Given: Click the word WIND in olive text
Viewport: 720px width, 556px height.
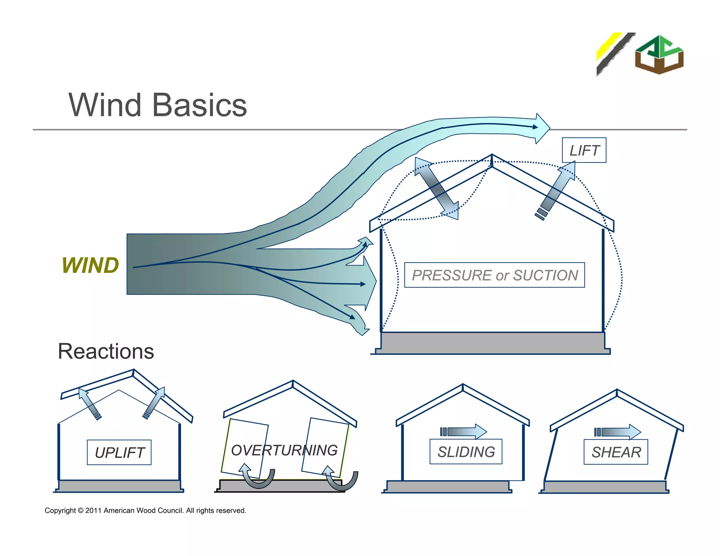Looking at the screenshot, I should click(90, 265).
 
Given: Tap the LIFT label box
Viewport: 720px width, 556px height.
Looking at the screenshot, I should click(584, 150).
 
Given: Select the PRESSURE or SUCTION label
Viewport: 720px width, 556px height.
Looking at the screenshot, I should click(494, 275).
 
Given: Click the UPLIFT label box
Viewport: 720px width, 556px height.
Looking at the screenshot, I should click(119, 452).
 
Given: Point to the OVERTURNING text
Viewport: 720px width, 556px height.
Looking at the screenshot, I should click(284, 450).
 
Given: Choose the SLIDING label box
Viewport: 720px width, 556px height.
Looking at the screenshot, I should click(466, 452).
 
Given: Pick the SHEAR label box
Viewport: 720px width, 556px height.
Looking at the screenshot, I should click(616, 452).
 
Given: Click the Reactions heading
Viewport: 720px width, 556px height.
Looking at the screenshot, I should click(106, 351).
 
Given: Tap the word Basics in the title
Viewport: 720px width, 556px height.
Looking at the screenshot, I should click(200, 105).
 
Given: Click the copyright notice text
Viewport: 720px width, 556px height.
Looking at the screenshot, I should click(145, 510).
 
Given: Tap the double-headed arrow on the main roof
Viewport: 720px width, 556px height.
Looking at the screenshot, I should click(436, 189).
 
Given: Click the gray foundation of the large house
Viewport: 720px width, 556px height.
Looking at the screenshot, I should click(492, 343).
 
